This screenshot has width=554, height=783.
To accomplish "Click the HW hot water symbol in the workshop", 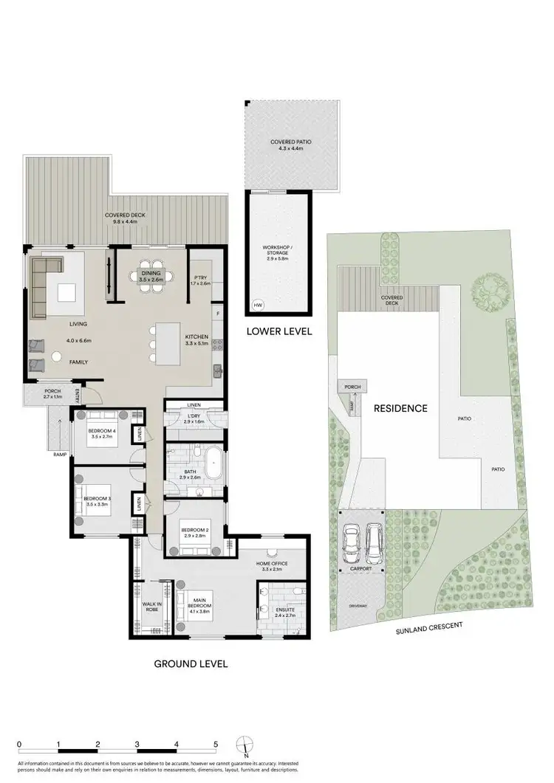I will click(258, 305).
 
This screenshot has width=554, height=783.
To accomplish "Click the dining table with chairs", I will click(155, 277).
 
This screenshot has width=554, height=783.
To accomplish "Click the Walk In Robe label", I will click(152, 606).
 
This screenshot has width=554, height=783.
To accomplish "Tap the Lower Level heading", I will click(278, 331).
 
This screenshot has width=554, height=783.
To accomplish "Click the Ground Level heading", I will click(191, 663).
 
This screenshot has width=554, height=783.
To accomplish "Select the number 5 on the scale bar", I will click(215, 743).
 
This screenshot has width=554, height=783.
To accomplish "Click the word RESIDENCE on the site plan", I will click(400, 407).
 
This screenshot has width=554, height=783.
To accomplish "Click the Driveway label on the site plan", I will click(358, 605).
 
